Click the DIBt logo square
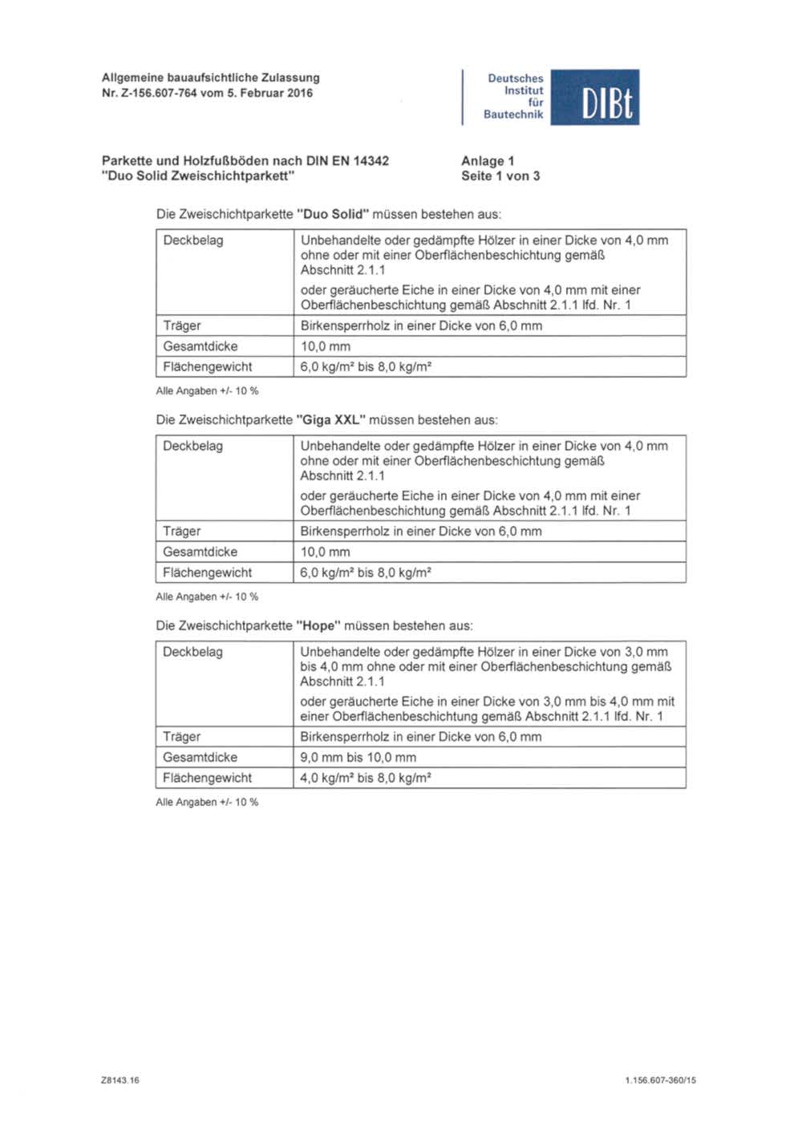(594, 97)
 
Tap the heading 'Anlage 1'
(488, 160)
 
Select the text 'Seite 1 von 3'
(500, 176)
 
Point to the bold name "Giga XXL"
(330, 419)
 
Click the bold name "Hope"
(318, 625)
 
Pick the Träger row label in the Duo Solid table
(182, 326)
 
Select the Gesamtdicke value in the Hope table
(358, 757)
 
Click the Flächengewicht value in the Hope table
(366, 778)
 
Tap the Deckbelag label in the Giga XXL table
(192, 446)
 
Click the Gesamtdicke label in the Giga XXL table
(200, 552)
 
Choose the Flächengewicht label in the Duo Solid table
(207, 366)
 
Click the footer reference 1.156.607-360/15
(660, 1080)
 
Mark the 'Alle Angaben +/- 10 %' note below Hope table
(207, 802)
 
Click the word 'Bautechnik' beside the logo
(513, 115)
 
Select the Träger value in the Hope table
(420, 736)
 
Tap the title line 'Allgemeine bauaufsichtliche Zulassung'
(210, 78)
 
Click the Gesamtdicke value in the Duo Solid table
(325, 346)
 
